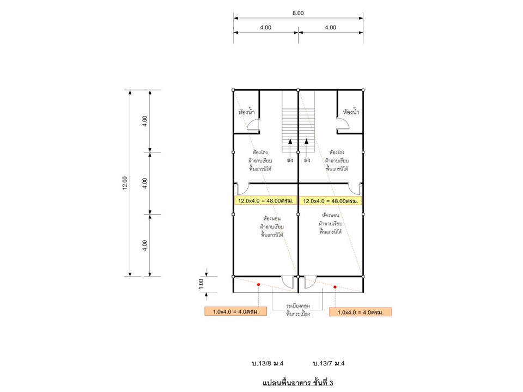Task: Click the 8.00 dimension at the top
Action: (298, 13)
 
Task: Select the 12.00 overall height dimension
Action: (125, 183)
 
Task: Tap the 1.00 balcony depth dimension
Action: (201, 284)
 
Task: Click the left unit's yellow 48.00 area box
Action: (265, 201)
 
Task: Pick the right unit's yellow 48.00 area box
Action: (331, 201)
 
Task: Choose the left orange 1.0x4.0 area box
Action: (235, 311)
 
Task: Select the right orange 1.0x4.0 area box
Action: (360, 312)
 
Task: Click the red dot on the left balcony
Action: (258, 285)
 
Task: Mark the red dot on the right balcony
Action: (335, 287)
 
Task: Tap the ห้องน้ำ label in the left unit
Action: (246, 112)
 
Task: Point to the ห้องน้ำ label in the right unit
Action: (351, 112)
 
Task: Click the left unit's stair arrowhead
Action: (290, 142)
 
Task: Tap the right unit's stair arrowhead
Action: (306, 142)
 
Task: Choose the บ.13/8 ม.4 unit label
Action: (267, 363)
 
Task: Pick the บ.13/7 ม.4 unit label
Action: (329, 363)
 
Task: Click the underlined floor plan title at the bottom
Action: (298, 383)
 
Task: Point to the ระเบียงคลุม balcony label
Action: (298, 305)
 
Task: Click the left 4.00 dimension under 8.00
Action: (265, 27)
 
